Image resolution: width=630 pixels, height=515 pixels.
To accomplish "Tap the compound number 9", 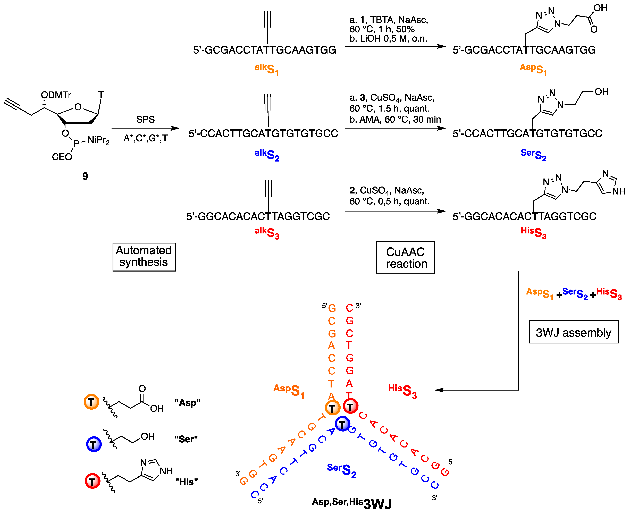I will coord(85,176).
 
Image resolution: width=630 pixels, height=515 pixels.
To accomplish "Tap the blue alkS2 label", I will coord(267,155).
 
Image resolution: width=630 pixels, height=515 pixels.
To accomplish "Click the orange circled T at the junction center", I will coord(332,408).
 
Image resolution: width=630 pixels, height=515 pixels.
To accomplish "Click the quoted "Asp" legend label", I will coord(187,403).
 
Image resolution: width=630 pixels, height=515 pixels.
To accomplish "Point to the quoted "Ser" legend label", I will coord(186,439).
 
